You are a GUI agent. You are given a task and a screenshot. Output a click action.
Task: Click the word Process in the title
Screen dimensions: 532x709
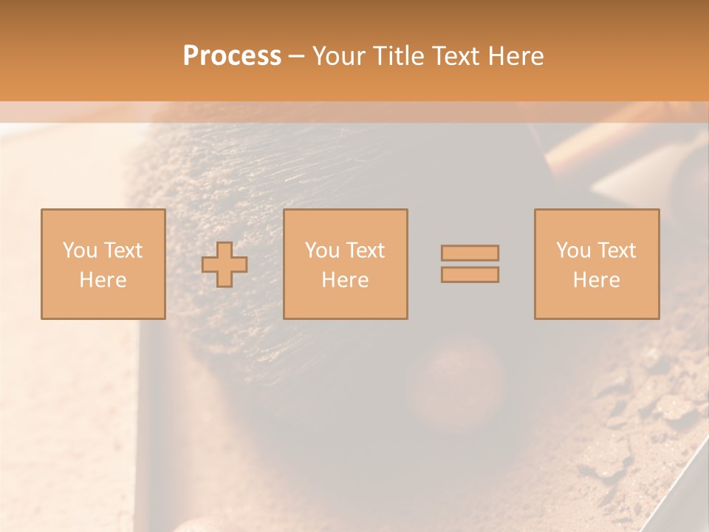tap(232, 56)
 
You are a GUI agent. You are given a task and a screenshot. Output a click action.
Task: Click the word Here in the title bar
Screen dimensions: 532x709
tap(516, 56)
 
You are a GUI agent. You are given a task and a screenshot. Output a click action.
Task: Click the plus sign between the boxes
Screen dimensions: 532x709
tap(225, 265)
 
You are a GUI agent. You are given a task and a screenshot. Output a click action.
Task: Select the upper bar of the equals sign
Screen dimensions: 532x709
tap(470, 253)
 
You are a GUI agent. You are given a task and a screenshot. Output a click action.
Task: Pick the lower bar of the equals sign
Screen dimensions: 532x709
tap(470, 275)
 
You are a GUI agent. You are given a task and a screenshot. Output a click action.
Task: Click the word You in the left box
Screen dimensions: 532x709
tap(80, 250)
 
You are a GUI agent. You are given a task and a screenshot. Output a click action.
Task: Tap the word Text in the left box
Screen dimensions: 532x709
tap(122, 250)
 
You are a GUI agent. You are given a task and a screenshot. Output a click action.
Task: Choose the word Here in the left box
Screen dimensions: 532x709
tap(103, 280)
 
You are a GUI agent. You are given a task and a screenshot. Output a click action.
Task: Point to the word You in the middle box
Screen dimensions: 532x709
tap(322, 250)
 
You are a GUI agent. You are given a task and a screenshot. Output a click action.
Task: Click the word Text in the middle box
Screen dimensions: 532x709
tap(364, 250)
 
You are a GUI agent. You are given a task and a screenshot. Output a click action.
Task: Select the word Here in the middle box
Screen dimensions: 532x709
tap(345, 280)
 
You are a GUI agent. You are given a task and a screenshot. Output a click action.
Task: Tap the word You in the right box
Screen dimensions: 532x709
tap(573, 250)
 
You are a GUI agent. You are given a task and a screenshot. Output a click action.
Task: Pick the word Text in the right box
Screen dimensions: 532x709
tap(615, 250)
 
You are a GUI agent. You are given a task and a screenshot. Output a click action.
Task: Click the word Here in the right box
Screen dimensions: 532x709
tap(596, 280)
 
